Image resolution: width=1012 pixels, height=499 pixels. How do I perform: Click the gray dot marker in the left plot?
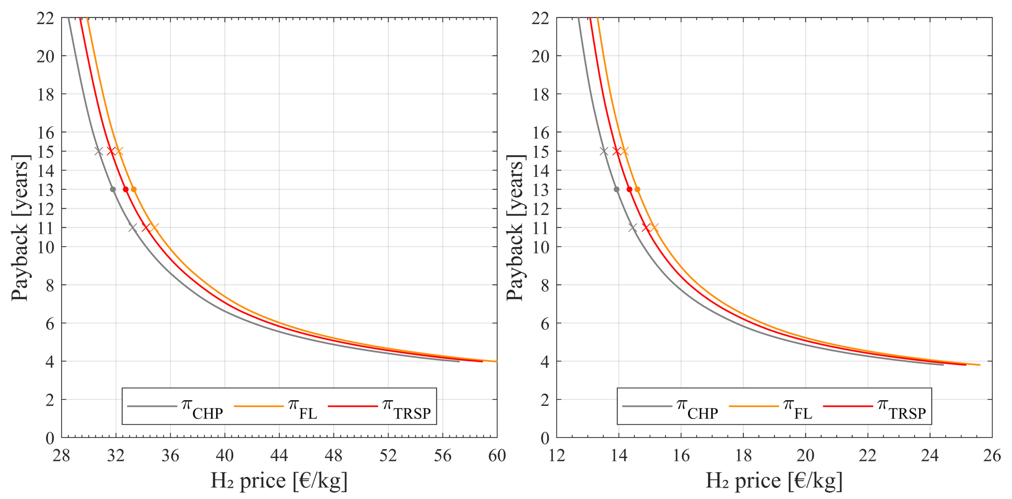(113, 189)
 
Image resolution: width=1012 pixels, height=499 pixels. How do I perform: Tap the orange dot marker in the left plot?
(134, 189)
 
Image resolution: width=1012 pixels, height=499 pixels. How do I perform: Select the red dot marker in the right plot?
(629, 189)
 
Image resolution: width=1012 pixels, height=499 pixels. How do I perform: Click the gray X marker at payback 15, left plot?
(99, 151)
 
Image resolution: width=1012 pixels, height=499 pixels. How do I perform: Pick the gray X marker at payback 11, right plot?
(633, 227)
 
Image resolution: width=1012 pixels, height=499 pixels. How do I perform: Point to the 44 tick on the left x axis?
(279, 456)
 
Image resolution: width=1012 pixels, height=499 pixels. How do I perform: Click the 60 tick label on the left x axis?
(497, 456)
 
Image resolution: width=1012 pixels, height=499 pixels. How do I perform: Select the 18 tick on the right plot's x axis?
(743, 456)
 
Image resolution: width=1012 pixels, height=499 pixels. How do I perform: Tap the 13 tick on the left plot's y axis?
(46, 190)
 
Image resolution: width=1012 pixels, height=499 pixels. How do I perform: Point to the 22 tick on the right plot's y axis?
(541, 18)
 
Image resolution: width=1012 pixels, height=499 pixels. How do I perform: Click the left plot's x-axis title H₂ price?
(279, 481)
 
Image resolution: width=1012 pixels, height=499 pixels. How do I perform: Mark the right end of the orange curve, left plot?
(496, 361)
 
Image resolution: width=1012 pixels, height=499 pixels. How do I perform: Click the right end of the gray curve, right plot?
(943, 365)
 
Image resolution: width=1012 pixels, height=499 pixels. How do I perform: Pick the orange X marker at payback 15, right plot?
(625, 151)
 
